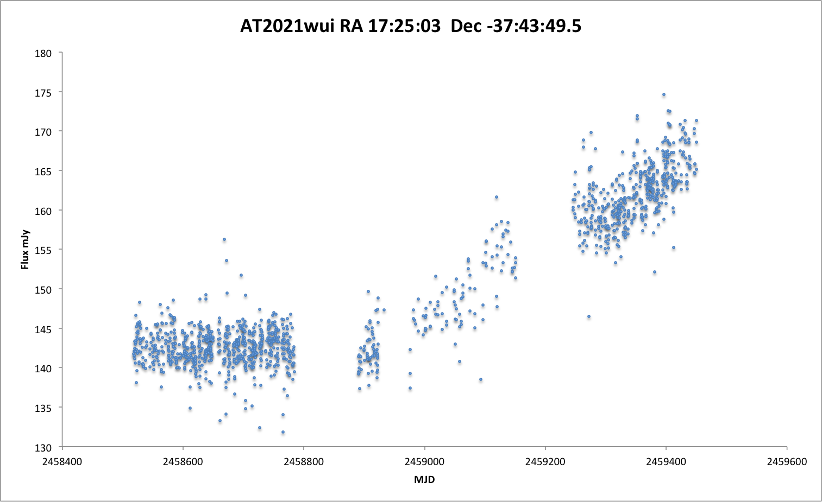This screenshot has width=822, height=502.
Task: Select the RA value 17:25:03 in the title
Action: [x=404, y=26]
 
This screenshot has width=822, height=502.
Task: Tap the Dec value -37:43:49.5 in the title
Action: [x=534, y=26]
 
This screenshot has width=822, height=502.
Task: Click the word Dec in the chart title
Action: [x=466, y=26]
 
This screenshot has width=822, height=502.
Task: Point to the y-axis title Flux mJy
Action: [x=24, y=250]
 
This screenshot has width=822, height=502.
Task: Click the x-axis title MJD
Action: [x=424, y=480]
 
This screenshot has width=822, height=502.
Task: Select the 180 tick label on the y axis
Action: [x=43, y=53]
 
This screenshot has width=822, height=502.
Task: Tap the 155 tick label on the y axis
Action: [x=43, y=250]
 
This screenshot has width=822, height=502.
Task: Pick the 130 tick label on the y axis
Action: [x=43, y=448]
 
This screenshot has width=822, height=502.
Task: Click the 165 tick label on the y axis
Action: [x=43, y=171]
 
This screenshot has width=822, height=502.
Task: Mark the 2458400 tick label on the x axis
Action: [x=63, y=462]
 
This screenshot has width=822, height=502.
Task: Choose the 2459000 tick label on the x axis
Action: [x=424, y=462]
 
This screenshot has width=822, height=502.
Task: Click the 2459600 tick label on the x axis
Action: [x=787, y=462]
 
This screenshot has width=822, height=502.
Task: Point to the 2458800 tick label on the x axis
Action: [x=304, y=462]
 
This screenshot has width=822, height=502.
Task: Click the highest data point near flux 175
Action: [x=663, y=94]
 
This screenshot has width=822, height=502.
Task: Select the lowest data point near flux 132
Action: [x=283, y=432]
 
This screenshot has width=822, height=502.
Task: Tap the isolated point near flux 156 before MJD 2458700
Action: [x=224, y=239]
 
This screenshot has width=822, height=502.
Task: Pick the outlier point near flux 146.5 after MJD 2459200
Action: [x=588, y=316]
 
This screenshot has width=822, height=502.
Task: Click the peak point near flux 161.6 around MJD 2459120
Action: [x=496, y=197]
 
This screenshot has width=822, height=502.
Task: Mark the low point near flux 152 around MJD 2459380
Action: [x=655, y=272]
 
